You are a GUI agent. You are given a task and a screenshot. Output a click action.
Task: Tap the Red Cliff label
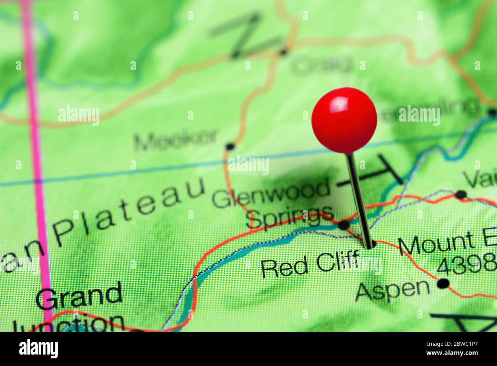(310, 265)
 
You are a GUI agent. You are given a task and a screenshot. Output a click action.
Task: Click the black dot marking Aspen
(443, 283)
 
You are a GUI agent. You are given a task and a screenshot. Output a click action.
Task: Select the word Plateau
(130, 212)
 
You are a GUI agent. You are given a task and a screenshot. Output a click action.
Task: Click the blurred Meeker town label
(175, 140)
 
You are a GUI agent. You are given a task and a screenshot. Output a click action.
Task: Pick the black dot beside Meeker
(230, 146)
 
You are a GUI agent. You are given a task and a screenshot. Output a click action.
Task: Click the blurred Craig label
(321, 66)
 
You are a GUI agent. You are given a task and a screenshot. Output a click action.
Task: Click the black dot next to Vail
(461, 194)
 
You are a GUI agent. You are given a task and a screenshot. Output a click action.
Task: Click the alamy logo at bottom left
(38, 349)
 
